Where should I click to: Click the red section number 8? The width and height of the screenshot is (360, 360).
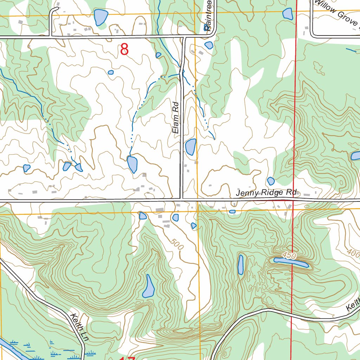coord(124,50)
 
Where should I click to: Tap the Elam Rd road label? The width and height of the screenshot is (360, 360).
coord(176,117)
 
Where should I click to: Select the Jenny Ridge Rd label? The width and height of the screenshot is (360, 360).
coord(266,193)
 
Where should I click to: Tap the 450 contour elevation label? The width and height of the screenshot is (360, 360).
coord(289,256)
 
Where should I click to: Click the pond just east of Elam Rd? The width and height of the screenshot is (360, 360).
coord(191,147)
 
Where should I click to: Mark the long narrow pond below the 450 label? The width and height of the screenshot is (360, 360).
coord(291,262)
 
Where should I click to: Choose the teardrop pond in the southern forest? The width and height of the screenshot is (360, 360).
coord(148,287)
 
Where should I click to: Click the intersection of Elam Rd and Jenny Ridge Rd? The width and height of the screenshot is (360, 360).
coord(181,200)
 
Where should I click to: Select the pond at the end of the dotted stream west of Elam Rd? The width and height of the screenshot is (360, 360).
coord(132,164)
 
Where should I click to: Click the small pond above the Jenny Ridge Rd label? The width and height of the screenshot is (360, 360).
coord(271,181)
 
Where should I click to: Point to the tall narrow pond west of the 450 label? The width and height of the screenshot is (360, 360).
coord(240,264)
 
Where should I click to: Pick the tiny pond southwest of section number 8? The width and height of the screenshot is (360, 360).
coord(111,72)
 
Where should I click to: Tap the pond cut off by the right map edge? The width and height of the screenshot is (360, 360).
coord(355,156)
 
